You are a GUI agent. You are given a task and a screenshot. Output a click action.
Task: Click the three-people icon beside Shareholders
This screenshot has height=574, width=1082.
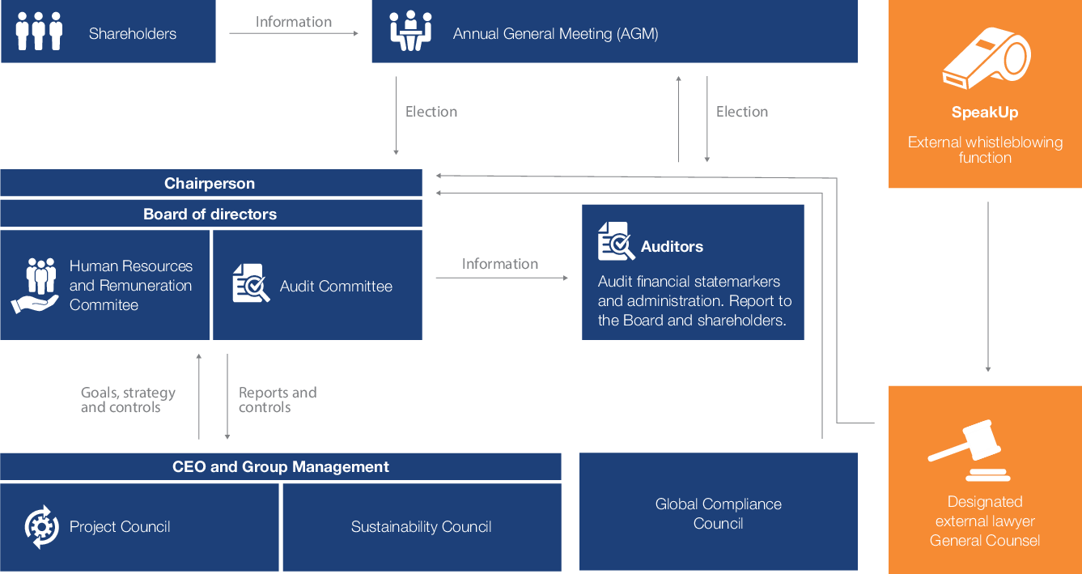point(39,32)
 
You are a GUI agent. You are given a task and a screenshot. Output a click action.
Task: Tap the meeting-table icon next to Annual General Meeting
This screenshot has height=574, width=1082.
point(411,32)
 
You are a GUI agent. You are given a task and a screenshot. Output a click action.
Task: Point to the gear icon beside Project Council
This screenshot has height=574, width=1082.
point(42,526)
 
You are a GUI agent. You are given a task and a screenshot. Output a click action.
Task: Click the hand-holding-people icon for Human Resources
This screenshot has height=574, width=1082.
point(35,285)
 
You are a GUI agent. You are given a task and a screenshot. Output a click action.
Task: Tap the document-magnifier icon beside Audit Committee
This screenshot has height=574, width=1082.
point(251,283)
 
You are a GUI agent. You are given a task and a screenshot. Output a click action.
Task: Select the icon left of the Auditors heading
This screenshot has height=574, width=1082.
point(616,242)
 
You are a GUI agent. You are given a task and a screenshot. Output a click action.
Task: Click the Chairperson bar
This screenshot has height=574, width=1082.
point(210,184)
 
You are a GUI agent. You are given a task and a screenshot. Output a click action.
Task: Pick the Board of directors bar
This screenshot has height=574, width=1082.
point(210,215)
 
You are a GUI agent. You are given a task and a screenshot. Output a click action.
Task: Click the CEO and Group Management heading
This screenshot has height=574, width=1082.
point(280,467)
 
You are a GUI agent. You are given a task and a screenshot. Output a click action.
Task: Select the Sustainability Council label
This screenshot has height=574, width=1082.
point(421,527)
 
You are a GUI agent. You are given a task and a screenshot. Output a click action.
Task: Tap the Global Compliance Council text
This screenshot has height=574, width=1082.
point(718,513)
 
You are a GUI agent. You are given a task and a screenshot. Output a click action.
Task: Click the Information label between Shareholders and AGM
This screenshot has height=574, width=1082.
point(294,22)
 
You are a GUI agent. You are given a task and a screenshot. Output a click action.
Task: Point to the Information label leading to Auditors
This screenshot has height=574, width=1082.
point(499,264)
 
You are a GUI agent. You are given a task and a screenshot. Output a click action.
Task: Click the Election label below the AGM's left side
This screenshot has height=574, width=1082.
point(431,112)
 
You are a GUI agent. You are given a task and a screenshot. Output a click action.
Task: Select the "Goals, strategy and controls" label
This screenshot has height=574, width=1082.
point(128,400)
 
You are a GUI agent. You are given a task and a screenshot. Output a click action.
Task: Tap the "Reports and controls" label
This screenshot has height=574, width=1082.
point(277,400)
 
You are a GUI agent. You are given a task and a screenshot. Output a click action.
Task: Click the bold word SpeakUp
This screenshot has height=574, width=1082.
point(985,113)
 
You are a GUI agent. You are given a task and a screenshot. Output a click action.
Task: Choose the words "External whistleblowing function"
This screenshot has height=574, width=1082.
point(985,150)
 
